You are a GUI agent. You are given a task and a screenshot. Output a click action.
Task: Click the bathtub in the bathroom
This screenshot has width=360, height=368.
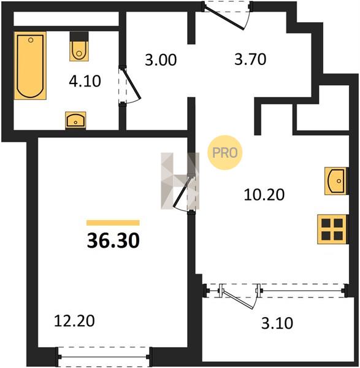pyautogui.click(x=30, y=66)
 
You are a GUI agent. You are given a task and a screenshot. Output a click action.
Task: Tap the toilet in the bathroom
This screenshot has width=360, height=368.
pyautogui.click(x=79, y=47)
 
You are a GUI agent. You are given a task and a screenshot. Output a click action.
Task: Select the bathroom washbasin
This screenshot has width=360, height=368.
pyautogui.click(x=75, y=120)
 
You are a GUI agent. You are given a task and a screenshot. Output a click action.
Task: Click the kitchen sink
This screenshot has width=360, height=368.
pyautogui.click(x=336, y=181)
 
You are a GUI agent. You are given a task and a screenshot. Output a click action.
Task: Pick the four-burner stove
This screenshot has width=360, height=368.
pyautogui.click(x=332, y=229)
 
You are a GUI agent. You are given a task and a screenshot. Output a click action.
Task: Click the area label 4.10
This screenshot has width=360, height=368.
pyautogui.click(x=85, y=81)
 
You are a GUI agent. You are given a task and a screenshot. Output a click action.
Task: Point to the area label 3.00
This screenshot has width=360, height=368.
pyautogui.click(x=161, y=59)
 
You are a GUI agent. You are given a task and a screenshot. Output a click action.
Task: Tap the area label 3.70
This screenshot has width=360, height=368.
pyautogui.click(x=250, y=59)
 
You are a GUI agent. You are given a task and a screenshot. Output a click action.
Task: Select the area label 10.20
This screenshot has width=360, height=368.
pyautogui.click(x=264, y=194)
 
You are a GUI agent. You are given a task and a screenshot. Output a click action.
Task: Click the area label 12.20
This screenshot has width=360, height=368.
pyautogui.click(x=74, y=321)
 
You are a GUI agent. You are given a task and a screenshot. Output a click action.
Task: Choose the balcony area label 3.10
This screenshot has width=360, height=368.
pyautogui.click(x=277, y=323)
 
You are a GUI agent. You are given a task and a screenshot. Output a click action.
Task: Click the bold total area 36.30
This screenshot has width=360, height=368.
pyautogui.click(x=113, y=241)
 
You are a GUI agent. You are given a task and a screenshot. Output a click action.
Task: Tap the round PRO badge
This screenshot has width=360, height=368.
pyautogui.click(x=225, y=153)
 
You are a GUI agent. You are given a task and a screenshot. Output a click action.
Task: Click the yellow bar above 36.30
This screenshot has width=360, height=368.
pyautogui.click(x=113, y=223)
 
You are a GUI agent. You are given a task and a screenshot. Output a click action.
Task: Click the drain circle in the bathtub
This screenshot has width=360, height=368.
pyautogui.click(x=31, y=40)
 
